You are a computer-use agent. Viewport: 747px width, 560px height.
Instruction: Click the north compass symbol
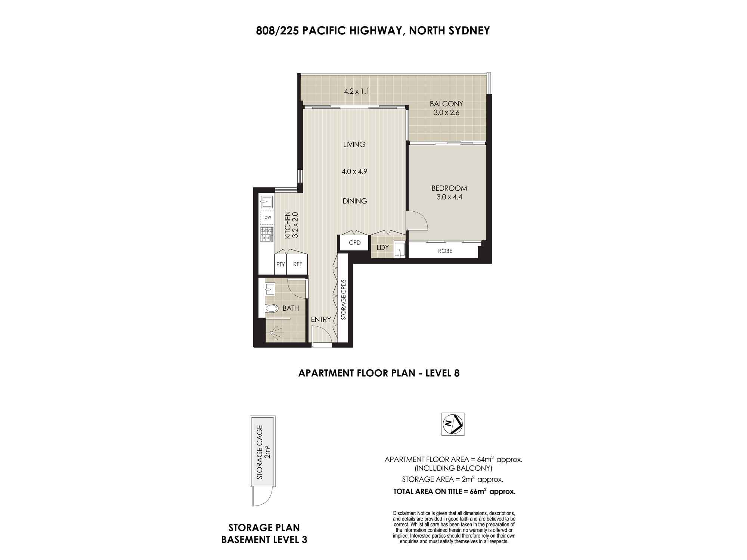click(453, 424)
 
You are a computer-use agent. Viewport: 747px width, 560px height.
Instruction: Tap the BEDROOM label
click(449, 188)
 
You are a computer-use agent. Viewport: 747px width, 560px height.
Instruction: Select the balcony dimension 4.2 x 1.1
click(357, 91)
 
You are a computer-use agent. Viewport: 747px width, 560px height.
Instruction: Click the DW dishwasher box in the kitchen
click(267, 217)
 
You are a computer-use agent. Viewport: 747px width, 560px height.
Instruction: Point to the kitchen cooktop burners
click(267, 234)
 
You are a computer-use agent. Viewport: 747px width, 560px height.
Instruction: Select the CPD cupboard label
click(354, 243)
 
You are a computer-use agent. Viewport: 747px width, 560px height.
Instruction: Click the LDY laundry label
click(383, 248)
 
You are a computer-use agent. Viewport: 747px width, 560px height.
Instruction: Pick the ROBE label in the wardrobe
click(445, 251)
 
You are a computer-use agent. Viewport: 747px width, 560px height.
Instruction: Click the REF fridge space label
click(298, 264)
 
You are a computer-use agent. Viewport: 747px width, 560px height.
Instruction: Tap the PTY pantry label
click(280, 264)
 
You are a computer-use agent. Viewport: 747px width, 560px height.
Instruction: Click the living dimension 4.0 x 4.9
click(354, 172)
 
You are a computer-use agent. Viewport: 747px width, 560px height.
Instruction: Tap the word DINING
click(355, 201)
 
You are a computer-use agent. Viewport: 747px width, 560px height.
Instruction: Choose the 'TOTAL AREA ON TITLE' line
click(455, 491)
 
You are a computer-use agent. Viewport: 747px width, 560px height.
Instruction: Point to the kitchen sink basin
click(267, 202)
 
